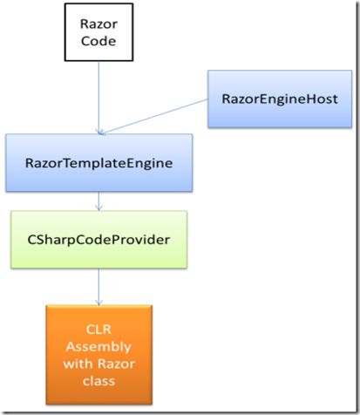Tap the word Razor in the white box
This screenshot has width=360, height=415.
(99, 23)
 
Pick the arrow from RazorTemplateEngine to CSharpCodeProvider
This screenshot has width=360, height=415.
(99, 201)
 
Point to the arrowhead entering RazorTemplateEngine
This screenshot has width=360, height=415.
(99, 131)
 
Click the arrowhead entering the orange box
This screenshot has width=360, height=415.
(99, 301)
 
